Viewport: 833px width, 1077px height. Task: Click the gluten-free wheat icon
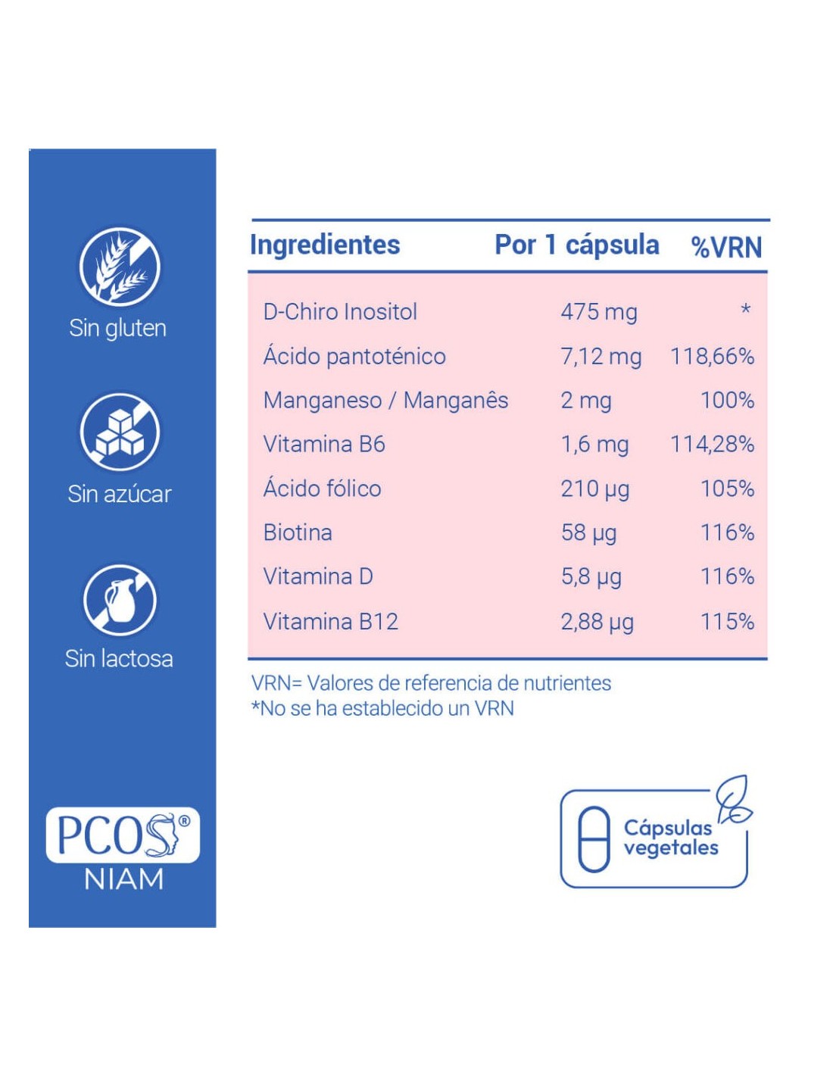[x=120, y=267]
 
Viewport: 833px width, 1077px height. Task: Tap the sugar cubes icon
[x=120, y=432]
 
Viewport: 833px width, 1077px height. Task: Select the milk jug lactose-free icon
[x=120, y=600]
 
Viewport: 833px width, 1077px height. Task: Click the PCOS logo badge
[x=123, y=835]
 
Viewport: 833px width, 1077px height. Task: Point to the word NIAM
[x=123, y=879]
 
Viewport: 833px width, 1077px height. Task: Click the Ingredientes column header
[x=325, y=245]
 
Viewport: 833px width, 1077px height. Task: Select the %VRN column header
[x=726, y=247]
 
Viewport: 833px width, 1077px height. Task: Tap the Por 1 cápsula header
[x=576, y=245]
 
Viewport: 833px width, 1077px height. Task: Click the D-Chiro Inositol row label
[x=340, y=312]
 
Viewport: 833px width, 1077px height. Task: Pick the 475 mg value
[x=598, y=312]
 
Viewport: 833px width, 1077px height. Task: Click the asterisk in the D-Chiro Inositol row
[x=745, y=310]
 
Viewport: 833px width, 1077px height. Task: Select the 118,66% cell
[x=712, y=356]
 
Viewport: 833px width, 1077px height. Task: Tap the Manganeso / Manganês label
[x=385, y=401]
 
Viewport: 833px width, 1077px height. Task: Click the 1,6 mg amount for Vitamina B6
[x=594, y=445]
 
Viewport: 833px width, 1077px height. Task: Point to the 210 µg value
[x=594, y=489]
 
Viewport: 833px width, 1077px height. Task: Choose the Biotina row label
[x=298, y=533]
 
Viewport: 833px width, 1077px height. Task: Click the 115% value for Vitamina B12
[x=727, y=622]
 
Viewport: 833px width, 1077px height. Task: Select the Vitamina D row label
[x=318, y=577]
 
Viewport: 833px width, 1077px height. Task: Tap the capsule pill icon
[x=594, y=839]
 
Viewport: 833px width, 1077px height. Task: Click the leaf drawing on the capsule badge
[x=734, y=799]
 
